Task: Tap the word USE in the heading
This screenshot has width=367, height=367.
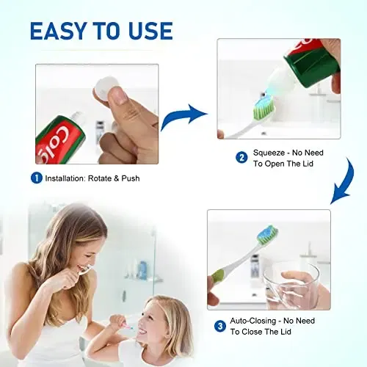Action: (x=149, y=30)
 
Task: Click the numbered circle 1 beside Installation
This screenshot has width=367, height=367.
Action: (x=36, y=178)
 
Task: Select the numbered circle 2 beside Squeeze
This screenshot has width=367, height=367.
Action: (x=241, y=157)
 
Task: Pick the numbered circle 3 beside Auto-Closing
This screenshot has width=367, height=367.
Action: (x=220, y=326)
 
